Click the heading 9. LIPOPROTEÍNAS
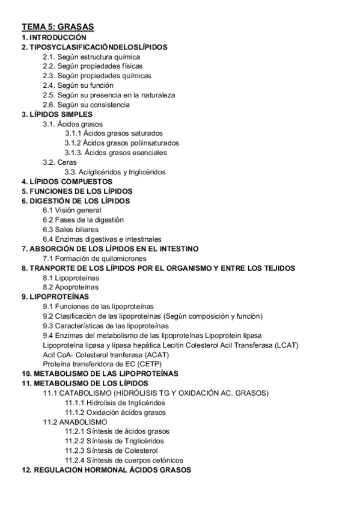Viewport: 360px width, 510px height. pos(55,297)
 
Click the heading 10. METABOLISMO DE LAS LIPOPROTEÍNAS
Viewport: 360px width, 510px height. pos(100,374)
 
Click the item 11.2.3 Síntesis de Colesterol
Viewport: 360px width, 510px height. pos(111,451)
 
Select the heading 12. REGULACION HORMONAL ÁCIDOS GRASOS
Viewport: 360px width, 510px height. pos(106,470)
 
